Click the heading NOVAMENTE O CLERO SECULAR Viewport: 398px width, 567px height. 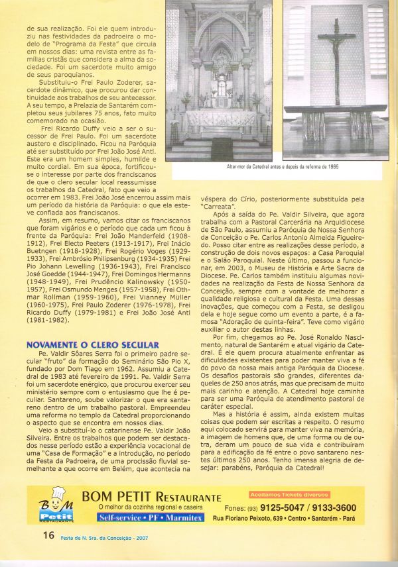click(92, 345)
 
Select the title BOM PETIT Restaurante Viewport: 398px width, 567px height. click(151, 497)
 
